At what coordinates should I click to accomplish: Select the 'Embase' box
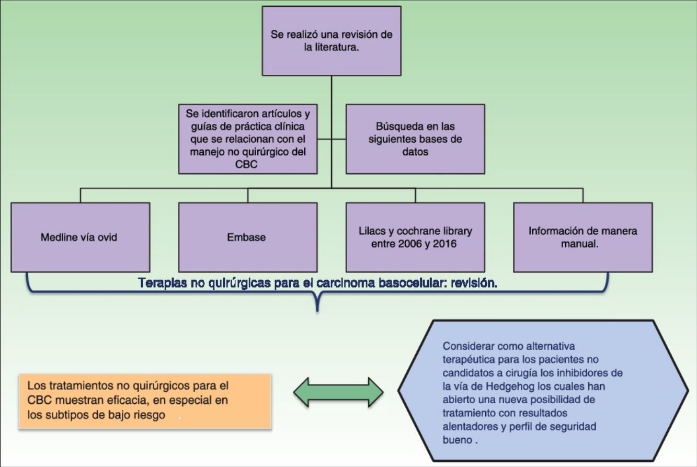pos(247,237)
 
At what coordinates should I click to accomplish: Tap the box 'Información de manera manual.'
pos(582,237)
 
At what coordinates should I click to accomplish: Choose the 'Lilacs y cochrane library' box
pos(415,237)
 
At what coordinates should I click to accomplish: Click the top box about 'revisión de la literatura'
pos(332,41)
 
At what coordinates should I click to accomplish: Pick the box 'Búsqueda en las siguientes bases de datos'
pos(415,139)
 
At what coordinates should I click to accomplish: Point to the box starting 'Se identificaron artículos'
pos(247,139)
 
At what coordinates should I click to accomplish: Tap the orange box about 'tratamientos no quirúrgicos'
pos(145,401)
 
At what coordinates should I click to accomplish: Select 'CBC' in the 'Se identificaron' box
pos(247,164)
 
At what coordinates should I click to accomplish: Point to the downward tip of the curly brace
pos(317,310)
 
